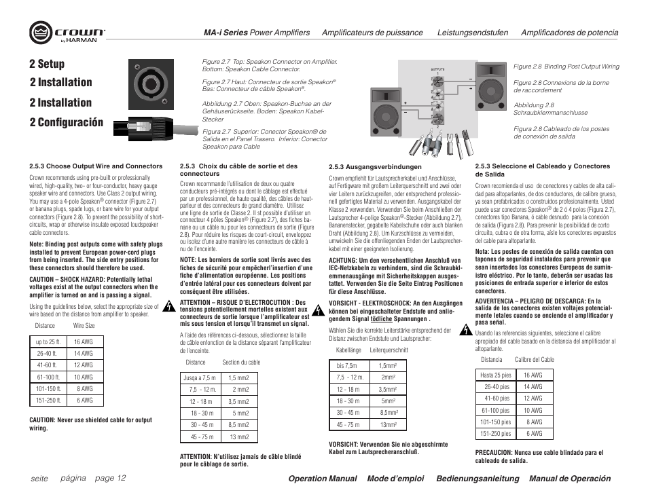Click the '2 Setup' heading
(48, 64)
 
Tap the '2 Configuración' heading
(67, 122)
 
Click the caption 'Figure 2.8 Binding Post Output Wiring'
(566, 67)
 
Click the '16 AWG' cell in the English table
(84, 341)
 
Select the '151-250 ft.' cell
(49, 400)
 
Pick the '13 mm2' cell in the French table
(238, 437)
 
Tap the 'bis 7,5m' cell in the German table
(346, 365)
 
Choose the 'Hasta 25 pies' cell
(495, 375)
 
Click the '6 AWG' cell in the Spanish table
(533, 433)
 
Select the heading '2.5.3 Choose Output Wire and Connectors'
(96, 166)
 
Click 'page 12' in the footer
(110, 478)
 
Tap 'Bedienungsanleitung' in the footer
(477, 479)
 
